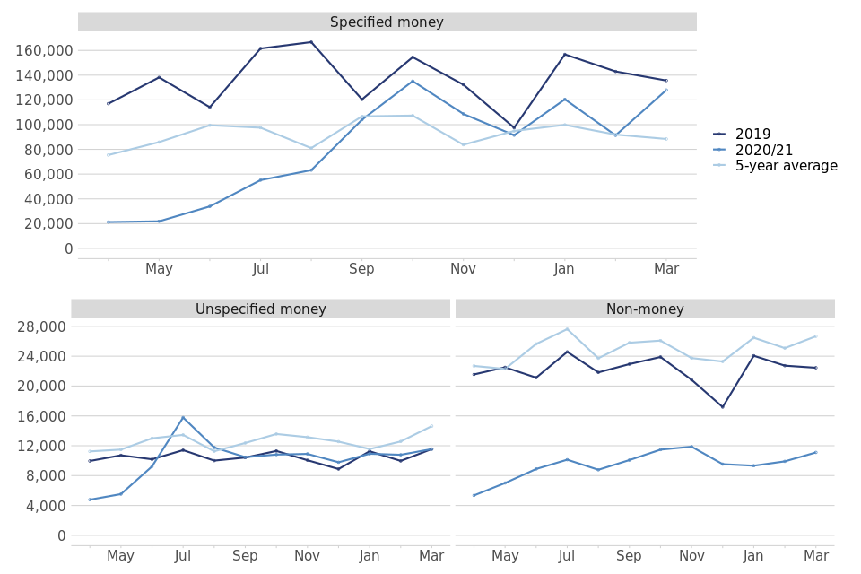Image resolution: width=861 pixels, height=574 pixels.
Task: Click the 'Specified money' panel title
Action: (x=387, y=22)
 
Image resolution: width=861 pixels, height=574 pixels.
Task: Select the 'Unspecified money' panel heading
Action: (x=260, y=309)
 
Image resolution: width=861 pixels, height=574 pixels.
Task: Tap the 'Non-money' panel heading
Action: (x=645, y=309)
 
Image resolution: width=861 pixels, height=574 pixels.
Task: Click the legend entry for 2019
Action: (x=752, y=135)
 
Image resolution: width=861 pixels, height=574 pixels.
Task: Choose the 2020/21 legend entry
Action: (x=763, y=151)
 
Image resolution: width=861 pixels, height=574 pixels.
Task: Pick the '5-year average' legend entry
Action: (x=786, y=166)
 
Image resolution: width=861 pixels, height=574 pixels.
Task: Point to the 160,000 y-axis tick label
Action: (x=44, y=50)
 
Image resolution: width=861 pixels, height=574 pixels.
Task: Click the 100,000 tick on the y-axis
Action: (x=44, y=125)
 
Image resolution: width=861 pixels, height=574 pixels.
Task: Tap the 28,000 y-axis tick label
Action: (x=41, y=326)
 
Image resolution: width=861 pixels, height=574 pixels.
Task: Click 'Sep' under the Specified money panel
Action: (x=361, y=269)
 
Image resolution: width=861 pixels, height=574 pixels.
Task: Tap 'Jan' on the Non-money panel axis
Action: (x=753, y=556)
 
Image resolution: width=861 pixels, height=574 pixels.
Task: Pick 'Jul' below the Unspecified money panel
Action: (x=183, y=556)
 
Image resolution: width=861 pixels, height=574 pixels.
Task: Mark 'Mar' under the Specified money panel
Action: (x=666, y=269)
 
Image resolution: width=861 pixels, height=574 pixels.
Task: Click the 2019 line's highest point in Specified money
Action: (x=311, y=42)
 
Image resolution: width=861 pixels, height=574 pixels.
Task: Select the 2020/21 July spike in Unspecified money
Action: (x=183, y=417)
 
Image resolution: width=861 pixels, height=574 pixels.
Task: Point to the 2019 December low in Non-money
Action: (x=722, y=407)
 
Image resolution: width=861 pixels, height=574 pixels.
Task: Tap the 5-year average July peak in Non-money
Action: (x=567, y=329)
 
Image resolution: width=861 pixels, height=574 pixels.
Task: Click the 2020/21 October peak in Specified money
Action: (x=413, y=81)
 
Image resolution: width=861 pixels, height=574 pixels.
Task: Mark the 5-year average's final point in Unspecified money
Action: (x=431, y=426)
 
